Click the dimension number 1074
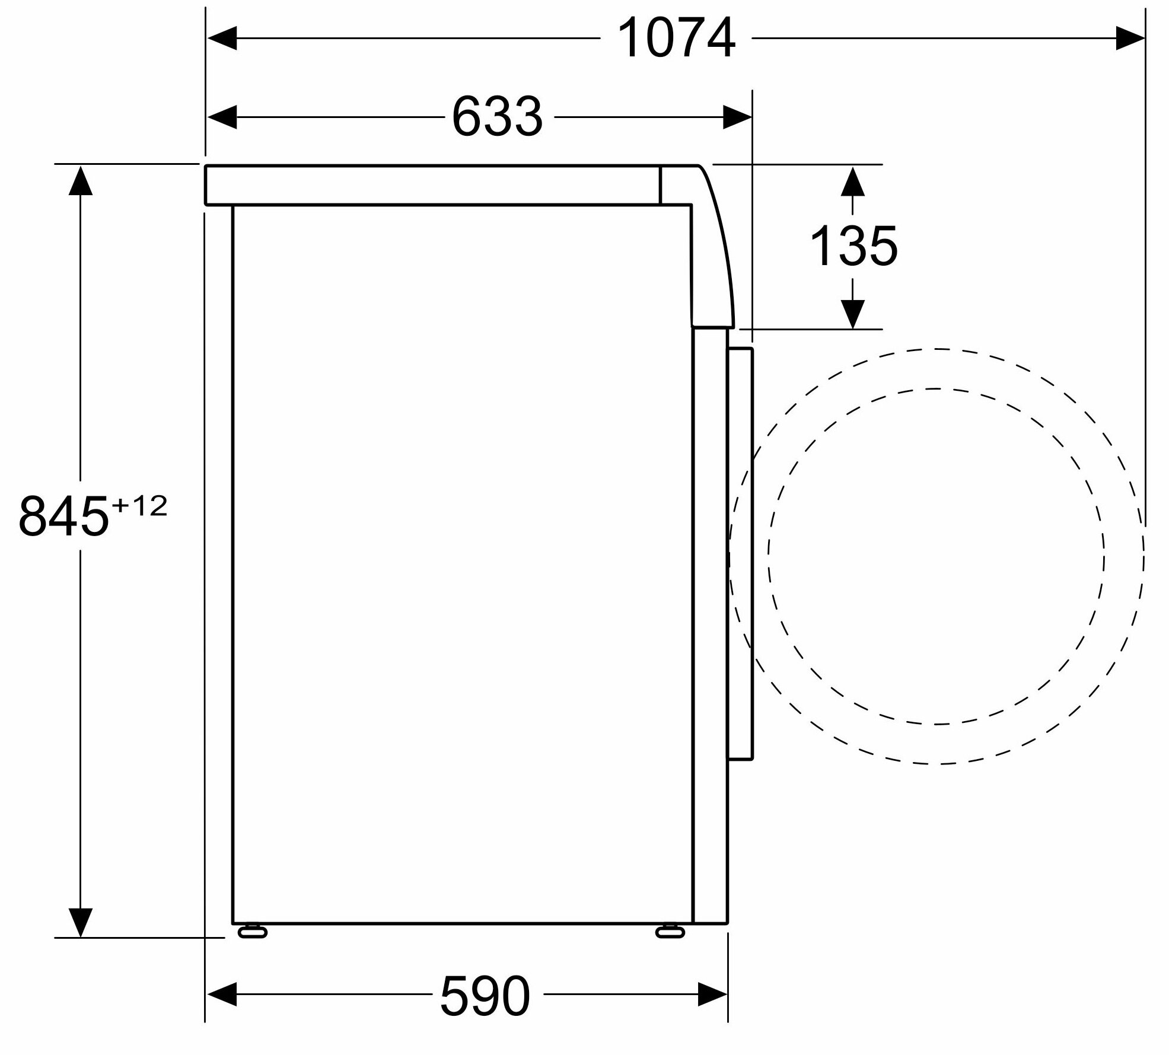click(x=676, y=39)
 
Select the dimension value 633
click(x=497, y=117)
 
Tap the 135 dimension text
click(x=853, y=246)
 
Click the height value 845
click(x=64, y=516)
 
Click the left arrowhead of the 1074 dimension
click(x=222, y=39)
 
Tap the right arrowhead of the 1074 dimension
click(x=1129, y=39)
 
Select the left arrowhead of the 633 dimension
click(x=222, y=117)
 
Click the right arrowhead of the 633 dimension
click(x=737, y=117)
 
